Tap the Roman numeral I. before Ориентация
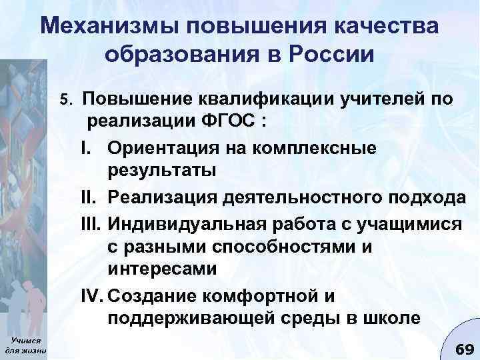93,147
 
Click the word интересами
159,269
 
